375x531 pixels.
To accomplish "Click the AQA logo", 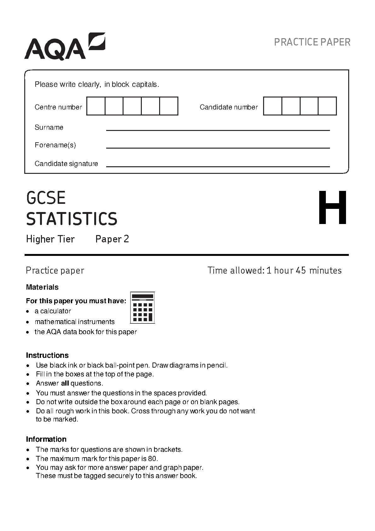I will (65, 47).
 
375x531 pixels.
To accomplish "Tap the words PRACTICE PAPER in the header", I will (312, 42).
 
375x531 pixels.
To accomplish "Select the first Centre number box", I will (96, 106).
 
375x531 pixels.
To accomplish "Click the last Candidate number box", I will (327, 106).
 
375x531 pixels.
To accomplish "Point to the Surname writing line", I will (218, 129).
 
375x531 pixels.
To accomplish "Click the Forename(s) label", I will (55, 145).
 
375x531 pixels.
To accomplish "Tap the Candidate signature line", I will (218, 166).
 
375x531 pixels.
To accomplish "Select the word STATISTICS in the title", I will (72, 219).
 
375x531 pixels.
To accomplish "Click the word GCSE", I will (46, 198).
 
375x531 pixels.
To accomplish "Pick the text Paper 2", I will (112, 239).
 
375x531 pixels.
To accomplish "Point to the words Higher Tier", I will (50, 239).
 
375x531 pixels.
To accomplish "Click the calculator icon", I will (142, 308).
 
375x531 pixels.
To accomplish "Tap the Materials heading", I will (42, 287).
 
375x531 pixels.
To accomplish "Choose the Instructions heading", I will (47, 355).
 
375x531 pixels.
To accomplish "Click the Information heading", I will (46, 439).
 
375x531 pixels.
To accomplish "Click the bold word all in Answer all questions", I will (65, 383).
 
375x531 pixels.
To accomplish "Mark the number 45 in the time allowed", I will (301, 270).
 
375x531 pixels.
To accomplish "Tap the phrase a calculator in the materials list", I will (53, 311).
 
